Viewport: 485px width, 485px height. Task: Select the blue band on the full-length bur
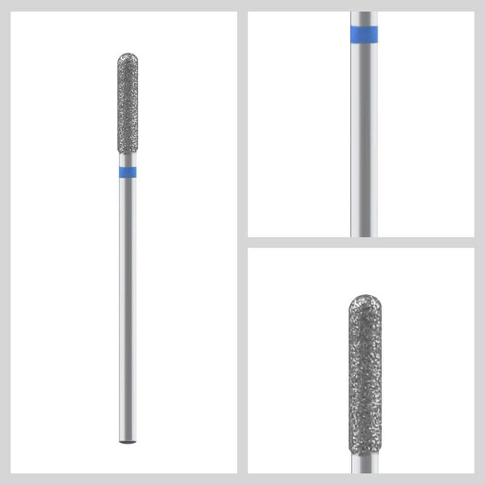(x=128, y=172)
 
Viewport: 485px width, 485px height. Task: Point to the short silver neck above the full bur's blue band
(x=128, y=161)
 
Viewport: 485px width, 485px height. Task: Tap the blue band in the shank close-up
(x=364, y=34)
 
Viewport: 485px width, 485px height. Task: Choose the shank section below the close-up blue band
(x=364, y=137)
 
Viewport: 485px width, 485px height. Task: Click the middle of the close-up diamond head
(x=365, y=372)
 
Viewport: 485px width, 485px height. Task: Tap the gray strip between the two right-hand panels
(x=361, y=242)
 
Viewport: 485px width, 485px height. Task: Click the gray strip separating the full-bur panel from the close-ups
(x=242, y=242)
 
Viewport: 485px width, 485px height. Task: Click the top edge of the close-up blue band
(x=364, y=27)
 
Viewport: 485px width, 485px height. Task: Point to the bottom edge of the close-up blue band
(x=364, y=42)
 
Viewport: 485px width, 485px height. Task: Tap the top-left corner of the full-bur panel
(x=12, y=12)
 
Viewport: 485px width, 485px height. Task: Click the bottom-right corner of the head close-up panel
(x=472, y=472)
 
